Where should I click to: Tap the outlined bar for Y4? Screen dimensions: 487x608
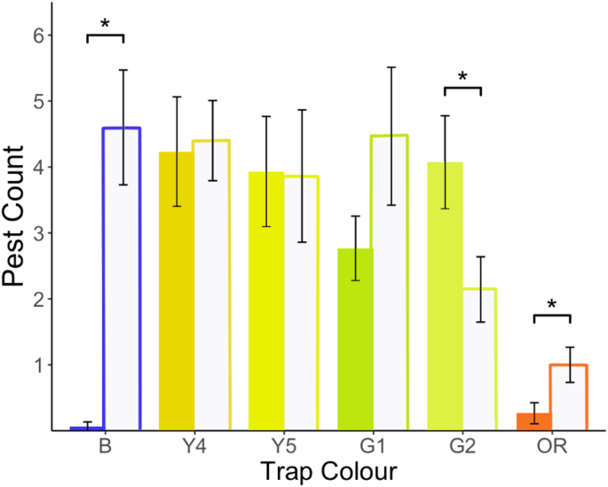click(212, 285)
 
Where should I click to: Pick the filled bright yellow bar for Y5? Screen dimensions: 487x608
click(265, 301)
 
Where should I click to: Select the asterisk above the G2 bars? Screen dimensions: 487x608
click(462, 78)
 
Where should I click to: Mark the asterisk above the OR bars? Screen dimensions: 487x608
click(551, 306)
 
